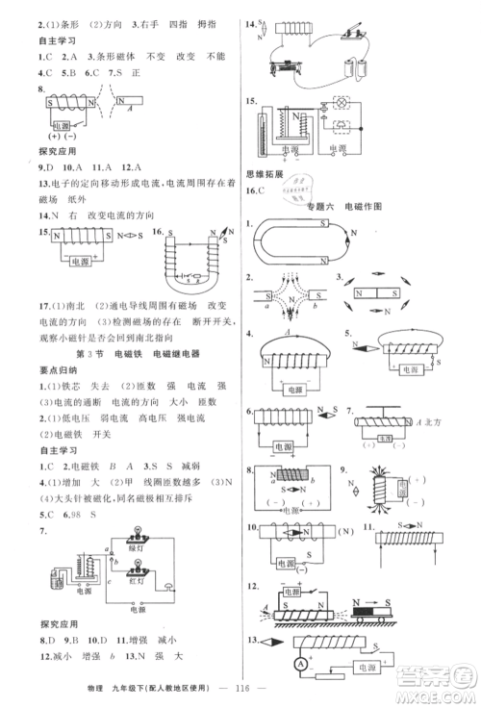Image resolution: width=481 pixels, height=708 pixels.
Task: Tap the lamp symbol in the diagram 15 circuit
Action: pyautogui.click(x=339, y=104)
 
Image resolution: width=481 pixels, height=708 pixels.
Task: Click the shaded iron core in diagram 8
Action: pyautogui.click(x=290, y=474)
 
